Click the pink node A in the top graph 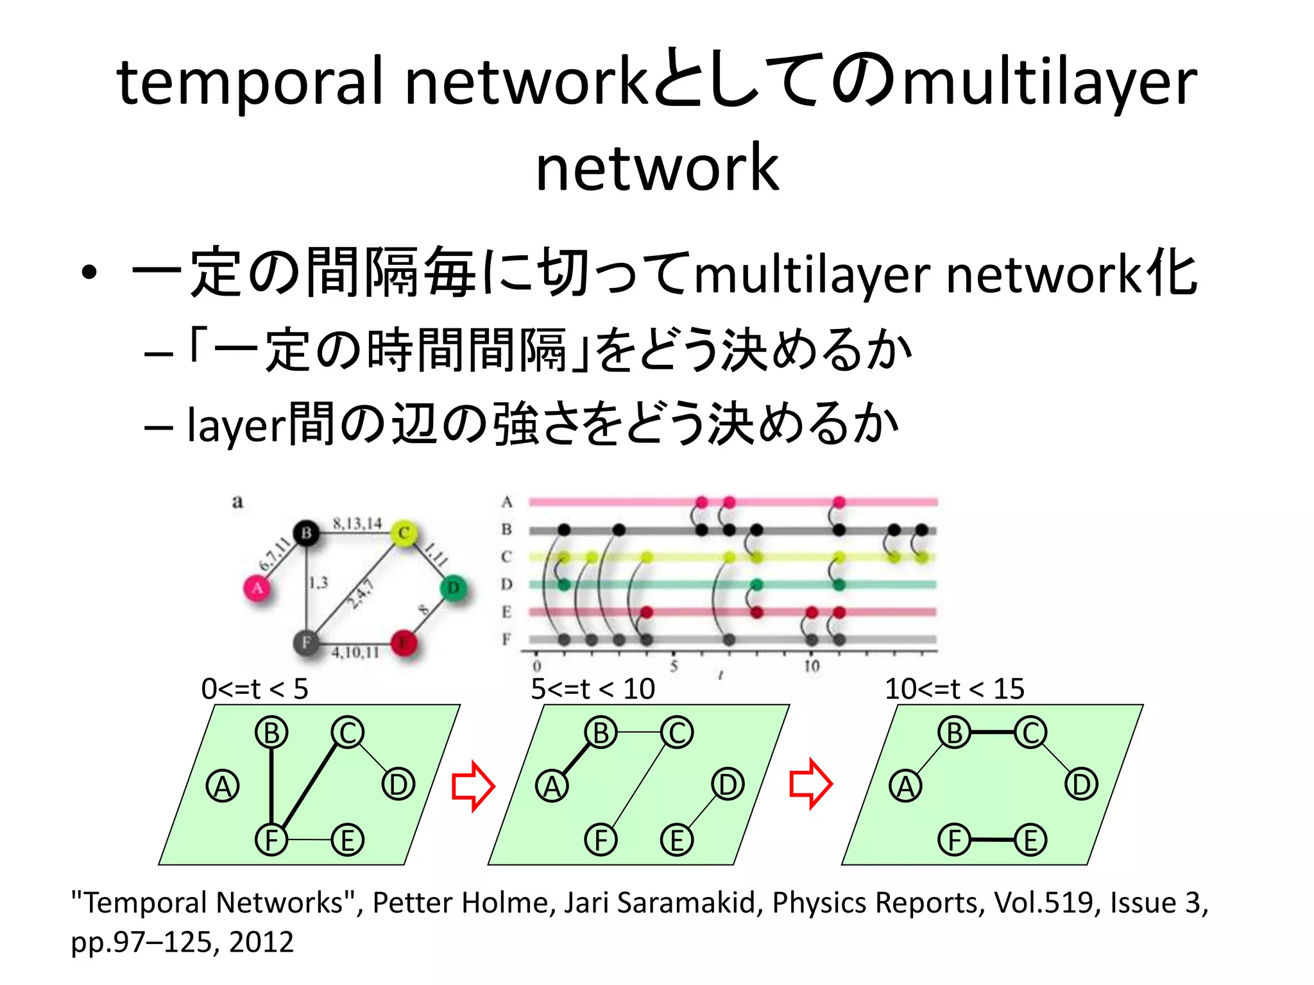(x=257, y=587)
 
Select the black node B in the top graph (x=306, y=532)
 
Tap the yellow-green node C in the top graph (x=404, y=533)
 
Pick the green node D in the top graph (x=454, y=587)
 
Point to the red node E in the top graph (x=404, y=642)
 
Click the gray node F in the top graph (x=306, y=642)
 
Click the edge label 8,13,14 (x=357, y=523)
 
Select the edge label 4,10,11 (x=355, y=653)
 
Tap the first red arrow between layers (x=473, y=786)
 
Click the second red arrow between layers (x=810, y=784)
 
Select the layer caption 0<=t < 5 (x=255, y=689)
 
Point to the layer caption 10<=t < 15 (x=954, y=689)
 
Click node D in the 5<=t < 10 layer (x=728, y=784)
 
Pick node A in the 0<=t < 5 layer (x=223, y=787)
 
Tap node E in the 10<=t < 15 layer (x=1030, y=840)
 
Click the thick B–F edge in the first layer (x=271, y=786)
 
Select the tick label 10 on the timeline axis (x=812, y=666)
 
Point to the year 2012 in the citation (x=261, y=942)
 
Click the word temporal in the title (x=250, y=82)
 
